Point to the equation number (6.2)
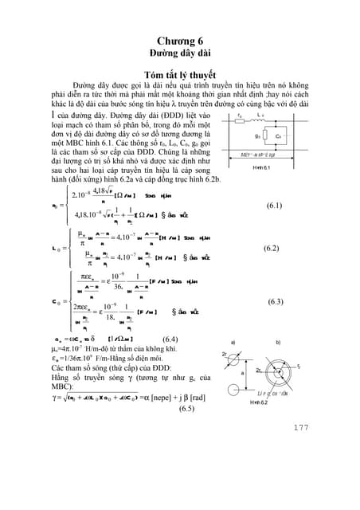(x=273, y=249)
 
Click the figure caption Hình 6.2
(x=240, y=405)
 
